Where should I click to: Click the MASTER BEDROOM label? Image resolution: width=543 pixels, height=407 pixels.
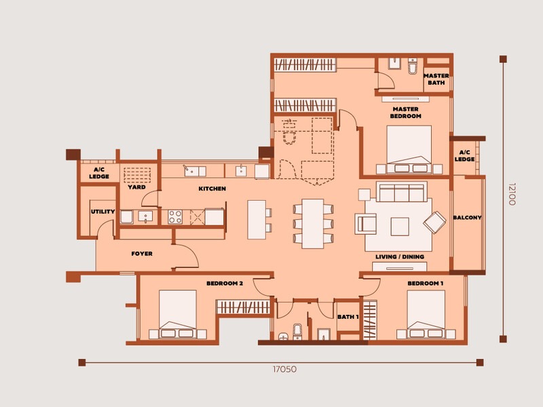[405, 112]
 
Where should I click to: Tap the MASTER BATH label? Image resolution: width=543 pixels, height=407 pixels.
[435, 79]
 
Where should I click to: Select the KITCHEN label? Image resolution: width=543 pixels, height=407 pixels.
[212, 189]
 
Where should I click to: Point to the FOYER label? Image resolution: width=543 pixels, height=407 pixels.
[141, 254]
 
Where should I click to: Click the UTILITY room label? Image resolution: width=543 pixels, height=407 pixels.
[103, 212]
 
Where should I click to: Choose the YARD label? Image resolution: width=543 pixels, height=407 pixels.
[136, 187]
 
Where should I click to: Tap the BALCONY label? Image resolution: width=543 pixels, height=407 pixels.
[467, 218]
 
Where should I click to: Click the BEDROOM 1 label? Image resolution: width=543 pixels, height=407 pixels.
[425, 283]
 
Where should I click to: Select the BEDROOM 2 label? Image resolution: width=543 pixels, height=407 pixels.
[225, 283]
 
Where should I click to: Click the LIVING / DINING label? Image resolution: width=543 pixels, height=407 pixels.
[400, 257]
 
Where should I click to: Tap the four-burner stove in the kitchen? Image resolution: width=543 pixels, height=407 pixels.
[175, 217]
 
